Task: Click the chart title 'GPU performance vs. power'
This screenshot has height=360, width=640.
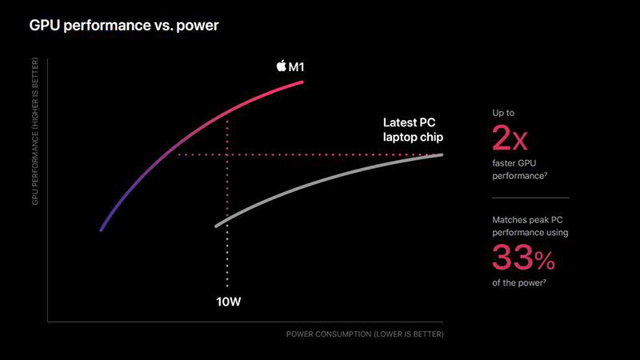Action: pyautogui.click(x=124, y=26)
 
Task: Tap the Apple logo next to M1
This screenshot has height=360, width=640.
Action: pyautogui.click(x=281, y=66)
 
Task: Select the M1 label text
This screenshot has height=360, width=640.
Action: pyautogui.click(x=296, y=66)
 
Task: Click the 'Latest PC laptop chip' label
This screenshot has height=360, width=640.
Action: pyautogui.click(x=412, y=130)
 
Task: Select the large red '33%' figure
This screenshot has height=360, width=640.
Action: pyautogui.click(x=522, y=258)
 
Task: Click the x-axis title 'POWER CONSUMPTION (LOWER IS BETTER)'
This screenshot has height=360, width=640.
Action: pyautogui.click(x=364, y=333)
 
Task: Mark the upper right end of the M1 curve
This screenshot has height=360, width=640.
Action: pyautogui.click(x=303, y=82)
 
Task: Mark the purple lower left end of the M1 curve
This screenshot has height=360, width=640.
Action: pyautogui.click(x=101, y=230)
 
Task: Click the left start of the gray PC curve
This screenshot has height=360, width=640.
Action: pyautogui.click(x=216, y=226)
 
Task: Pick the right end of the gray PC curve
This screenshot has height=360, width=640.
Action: pyautogui.click(x=442, y=154)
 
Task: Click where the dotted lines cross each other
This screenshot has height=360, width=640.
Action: pyautogui.click(x=228, y=154)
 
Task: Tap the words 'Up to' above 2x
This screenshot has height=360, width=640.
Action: pyautogui.click(x=504, y=113)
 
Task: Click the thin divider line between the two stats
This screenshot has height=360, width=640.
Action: pyautogui.click(x=530, y=198)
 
